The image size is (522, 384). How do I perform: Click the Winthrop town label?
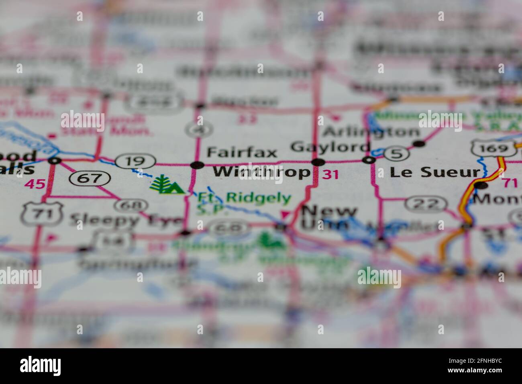(261, 172)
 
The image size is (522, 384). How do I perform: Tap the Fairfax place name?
(242, 153)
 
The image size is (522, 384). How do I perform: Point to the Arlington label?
(371, 132)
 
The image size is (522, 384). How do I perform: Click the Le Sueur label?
(435, 173)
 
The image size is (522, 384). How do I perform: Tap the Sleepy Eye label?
(126, 220)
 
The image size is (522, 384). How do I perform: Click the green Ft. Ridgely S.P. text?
(243, 201)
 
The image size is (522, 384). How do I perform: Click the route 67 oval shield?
(90, 178)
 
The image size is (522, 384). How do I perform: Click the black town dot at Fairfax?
(197, 165)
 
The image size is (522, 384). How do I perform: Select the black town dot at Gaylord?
(318, 162)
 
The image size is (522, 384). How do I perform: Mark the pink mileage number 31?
(330, 174)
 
